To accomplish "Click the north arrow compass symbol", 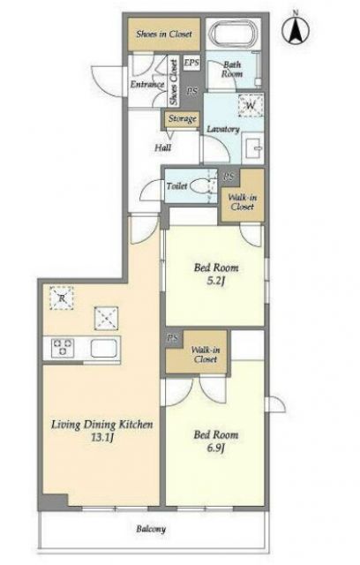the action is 296,30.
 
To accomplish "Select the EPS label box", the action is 191,63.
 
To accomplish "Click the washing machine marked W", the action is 251,106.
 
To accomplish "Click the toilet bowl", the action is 200,186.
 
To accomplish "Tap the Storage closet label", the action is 182,119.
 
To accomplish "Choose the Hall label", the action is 162,147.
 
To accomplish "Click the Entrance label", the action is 146,85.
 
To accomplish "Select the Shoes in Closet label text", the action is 164,34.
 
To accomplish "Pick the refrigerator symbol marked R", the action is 62,298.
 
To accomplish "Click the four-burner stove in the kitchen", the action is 63,348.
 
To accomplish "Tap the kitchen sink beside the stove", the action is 104,349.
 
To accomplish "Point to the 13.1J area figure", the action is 102,438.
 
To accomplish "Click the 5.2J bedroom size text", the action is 216,281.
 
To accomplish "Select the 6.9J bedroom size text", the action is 216,448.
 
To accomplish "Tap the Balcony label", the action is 151,529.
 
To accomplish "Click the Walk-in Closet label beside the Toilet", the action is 243,202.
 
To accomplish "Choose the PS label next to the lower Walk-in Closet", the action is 172,339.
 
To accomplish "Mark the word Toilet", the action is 176,186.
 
